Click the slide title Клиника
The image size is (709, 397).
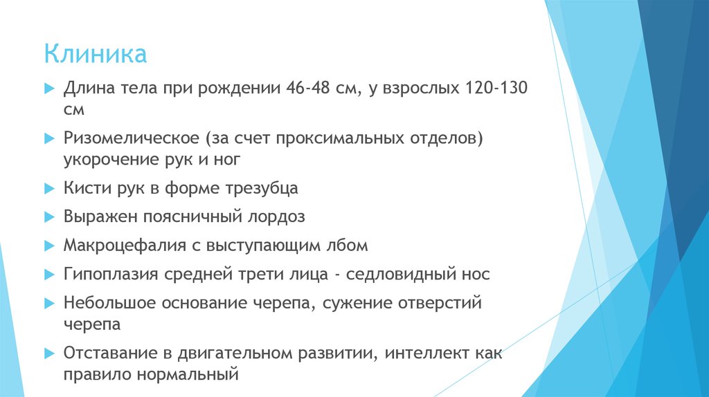tap(96, 54)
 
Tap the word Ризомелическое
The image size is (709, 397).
tap(132, 139)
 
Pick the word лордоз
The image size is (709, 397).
tap(276, 216)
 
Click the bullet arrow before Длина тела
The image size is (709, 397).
tap(48, 90)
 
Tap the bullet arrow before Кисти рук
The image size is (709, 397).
tap(48, 188)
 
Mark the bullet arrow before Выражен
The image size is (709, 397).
tap(48, 217)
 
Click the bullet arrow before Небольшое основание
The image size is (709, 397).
tap(48, 304)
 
